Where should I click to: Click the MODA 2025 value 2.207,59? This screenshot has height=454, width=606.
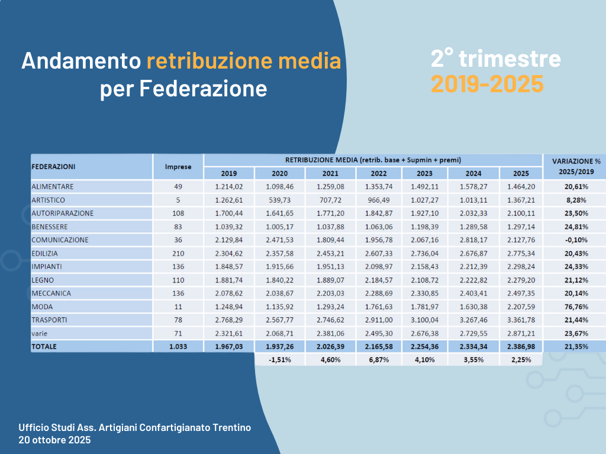(521, 306)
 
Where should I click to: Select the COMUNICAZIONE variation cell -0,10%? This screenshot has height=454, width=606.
(572, 240)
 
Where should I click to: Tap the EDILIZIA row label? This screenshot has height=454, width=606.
(45, 253)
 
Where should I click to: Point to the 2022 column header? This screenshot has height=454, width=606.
(379, 174)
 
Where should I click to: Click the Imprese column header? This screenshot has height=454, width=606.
(178, 167)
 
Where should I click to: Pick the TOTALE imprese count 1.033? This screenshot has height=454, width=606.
(178, 346)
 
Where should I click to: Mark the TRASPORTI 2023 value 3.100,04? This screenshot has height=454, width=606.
(424, 320)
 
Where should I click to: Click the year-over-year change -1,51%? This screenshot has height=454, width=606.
(280, 359)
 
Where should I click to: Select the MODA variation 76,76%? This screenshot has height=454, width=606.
(572, 306)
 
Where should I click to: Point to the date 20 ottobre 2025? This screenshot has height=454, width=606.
(54, 440)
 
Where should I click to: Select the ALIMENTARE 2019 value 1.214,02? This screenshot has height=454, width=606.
(228, 187)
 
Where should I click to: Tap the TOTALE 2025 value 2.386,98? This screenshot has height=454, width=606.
(521, 346)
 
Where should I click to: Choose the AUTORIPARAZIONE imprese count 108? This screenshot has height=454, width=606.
(178, 213)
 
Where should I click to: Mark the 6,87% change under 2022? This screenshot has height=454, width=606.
(379, 359)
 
